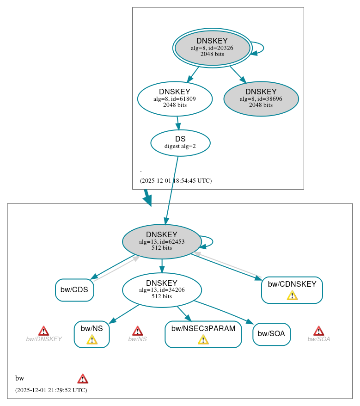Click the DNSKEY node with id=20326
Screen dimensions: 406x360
(x=212, y=48)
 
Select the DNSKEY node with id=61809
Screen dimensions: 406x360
(x=175, y=98)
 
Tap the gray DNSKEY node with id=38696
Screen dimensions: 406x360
(x=261, y=98)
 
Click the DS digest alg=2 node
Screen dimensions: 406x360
(x=180, y=142)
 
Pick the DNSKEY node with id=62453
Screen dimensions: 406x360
(x=162, y=241)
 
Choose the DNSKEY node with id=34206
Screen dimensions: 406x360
(x=162, y=290)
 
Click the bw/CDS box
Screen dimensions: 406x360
(x=74, y=290)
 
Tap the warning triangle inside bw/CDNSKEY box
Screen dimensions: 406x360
(x=292, y=295)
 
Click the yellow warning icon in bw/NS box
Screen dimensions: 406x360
(x=92, y=340)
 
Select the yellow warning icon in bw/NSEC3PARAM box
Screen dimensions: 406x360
(x=203, y=340)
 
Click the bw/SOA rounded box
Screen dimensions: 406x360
(x=271, y=334)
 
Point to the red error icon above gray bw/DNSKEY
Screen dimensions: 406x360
(x=43, y=331)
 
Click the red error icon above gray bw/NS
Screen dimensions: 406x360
(x=137, y=331)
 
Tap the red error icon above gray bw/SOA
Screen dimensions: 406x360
(x=318, y=331)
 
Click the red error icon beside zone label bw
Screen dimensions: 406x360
(x=83, y=379)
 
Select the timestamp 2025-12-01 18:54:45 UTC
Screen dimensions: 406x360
(x=176, y=181)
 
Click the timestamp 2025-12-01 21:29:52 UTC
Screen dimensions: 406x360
(x=51, y=390)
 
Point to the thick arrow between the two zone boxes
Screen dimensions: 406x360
(x=147, y=197)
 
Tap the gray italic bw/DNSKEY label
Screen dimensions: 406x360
(x=44, y=339)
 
